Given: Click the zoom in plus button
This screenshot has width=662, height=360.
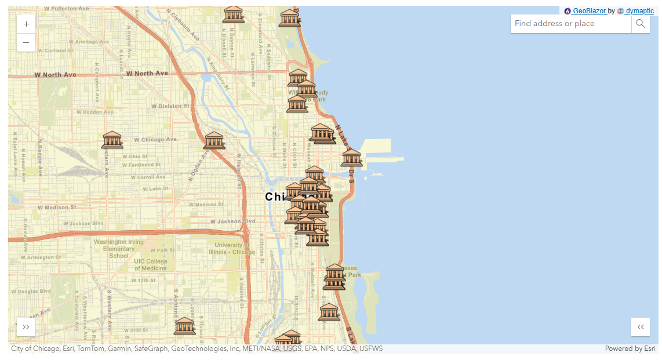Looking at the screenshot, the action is click(26, 24).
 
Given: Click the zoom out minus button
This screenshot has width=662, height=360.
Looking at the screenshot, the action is click(26, 42).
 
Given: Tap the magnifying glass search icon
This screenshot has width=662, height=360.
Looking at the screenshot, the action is click(641, 24).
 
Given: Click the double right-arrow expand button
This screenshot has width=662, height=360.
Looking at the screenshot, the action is click(26, 327).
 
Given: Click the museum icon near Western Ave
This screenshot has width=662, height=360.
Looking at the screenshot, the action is click(112, 140).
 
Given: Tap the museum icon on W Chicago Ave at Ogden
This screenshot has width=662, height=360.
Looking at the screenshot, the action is click(214, 140).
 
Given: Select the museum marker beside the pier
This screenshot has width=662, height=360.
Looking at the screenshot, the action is click(351, 158).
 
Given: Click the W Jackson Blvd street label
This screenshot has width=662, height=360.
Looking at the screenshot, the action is click(232, 221).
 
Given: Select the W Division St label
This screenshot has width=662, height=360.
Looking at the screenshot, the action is click(170, 106).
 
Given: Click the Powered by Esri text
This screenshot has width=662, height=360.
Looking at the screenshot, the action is click(630, 348).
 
